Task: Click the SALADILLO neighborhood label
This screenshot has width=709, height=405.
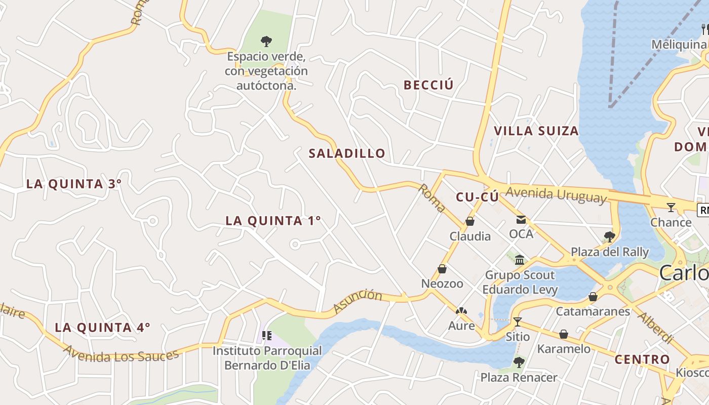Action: [x=347, y=153]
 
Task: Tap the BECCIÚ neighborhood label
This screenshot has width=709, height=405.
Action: [x=428, y=85]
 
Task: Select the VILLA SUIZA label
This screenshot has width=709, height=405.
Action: [x=536, y=131]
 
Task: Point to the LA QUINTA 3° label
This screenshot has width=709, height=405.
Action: [x=74, y=184]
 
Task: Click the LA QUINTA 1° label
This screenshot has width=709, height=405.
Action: [x=273, y=221]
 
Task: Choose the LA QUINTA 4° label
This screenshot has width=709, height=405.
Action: [x=102, y=328]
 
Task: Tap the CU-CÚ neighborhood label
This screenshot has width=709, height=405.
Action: [x=477, y=197]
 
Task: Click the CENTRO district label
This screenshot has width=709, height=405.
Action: [x=642, y=360]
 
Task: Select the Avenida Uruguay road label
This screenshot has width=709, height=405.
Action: [x=556, y=194]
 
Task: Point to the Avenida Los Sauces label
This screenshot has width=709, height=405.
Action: [x=121, y=352]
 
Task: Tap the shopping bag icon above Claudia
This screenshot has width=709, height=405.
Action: [x=470, y=221]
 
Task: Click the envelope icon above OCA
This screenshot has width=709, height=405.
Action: [x=521, y=219]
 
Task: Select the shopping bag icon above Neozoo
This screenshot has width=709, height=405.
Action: [x=442, y=269]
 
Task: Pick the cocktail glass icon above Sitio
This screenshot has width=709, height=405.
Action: [x=517, y=321]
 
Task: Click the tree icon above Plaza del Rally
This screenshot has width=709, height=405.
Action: [x=610, y=236]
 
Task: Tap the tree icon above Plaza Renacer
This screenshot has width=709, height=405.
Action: [x=519, y=362]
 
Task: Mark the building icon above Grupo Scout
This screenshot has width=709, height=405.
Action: [x=520, y=260]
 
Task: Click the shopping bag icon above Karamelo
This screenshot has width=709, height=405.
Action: [x=564, y=334]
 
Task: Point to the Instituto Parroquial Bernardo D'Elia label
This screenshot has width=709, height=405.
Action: [x=267, y=357]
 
